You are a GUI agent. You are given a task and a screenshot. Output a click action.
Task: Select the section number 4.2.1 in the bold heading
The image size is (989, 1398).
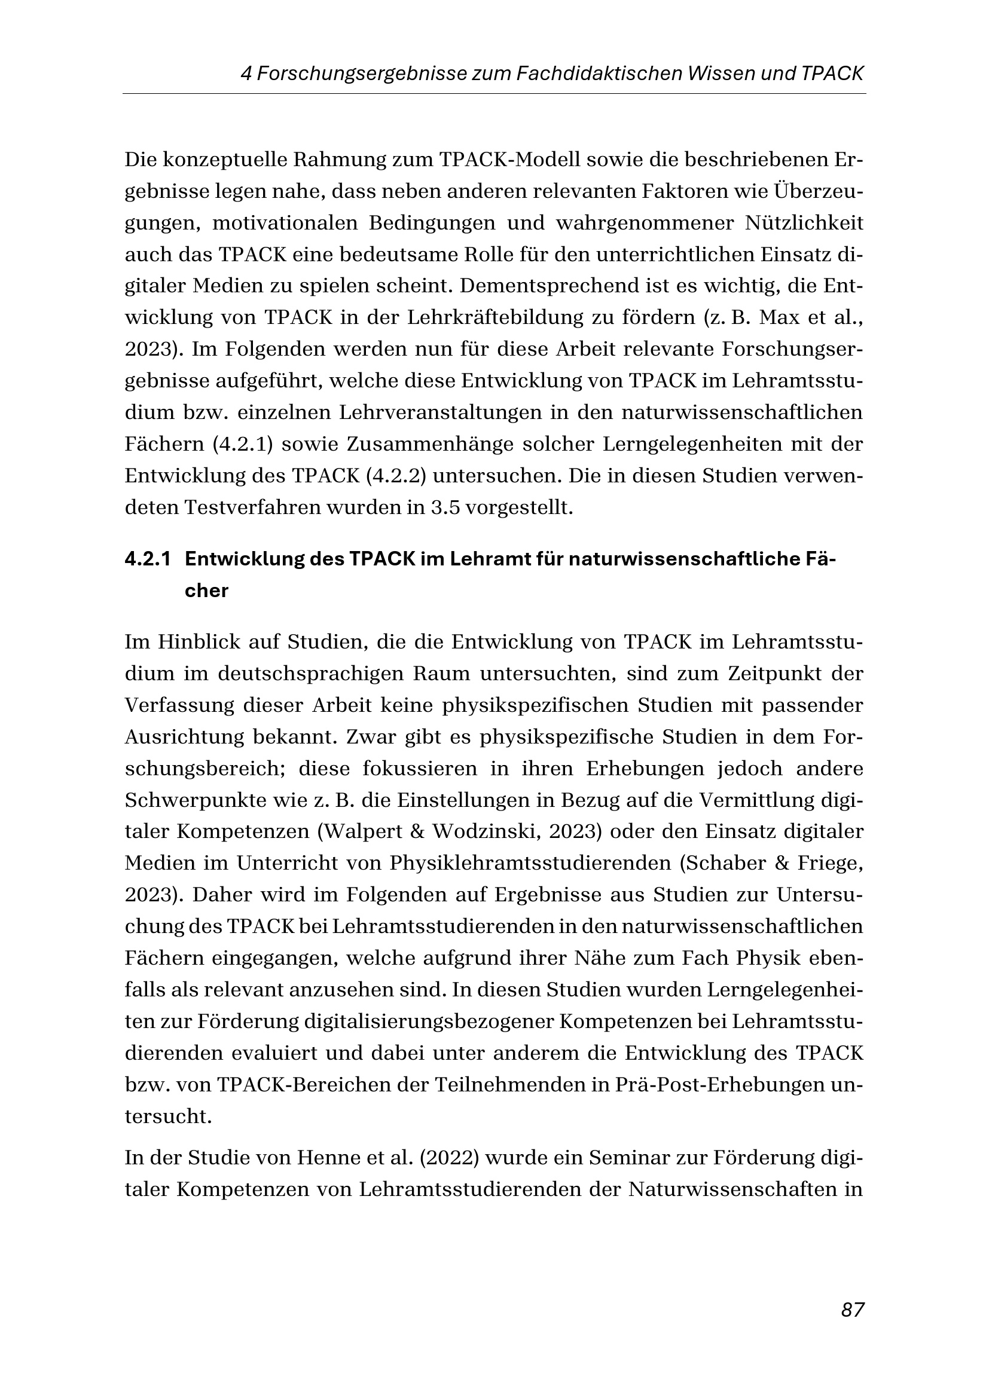click(147, 559)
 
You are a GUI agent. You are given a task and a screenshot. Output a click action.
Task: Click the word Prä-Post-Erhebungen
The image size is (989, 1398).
click(718, 1084)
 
